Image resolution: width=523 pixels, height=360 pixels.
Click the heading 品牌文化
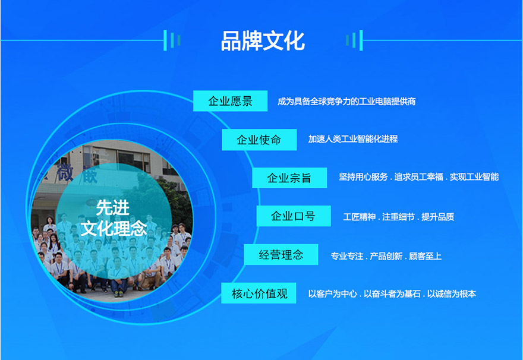262,41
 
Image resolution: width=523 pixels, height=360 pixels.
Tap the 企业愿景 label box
230,101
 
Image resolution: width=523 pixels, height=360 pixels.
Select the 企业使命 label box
259,140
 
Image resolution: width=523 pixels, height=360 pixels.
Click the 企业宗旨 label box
289,178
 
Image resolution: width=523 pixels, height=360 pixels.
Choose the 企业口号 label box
293,216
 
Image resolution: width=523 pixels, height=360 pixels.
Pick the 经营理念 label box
281,255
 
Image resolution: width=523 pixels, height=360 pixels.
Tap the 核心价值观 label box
259,293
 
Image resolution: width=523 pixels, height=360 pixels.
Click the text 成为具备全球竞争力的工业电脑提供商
346,102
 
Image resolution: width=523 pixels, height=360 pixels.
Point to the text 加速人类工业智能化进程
352,139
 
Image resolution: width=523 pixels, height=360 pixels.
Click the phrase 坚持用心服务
363,177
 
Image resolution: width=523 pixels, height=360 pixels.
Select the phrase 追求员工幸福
419,177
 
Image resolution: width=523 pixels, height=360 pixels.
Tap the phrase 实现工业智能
474,177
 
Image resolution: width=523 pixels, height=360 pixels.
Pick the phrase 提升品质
437,217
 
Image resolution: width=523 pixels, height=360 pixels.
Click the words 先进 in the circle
112,207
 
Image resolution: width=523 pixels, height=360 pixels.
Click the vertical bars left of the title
172,40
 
